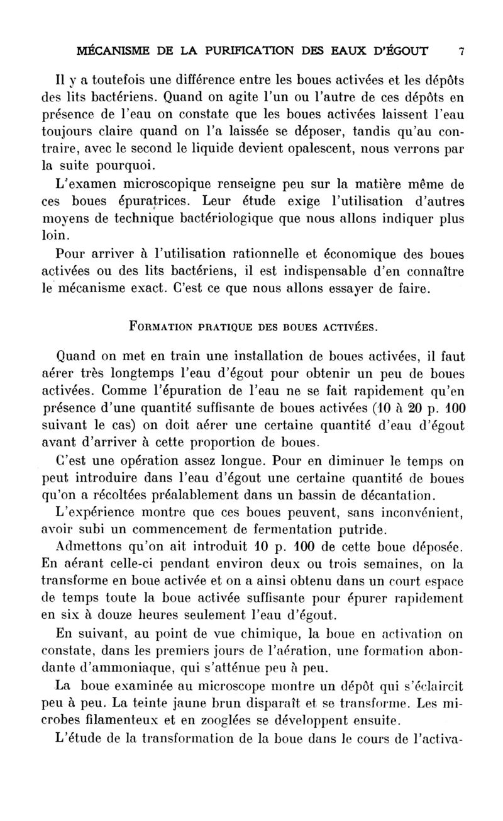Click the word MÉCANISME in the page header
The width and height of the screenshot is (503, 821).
pyautogui.click(x=109, y=50)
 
